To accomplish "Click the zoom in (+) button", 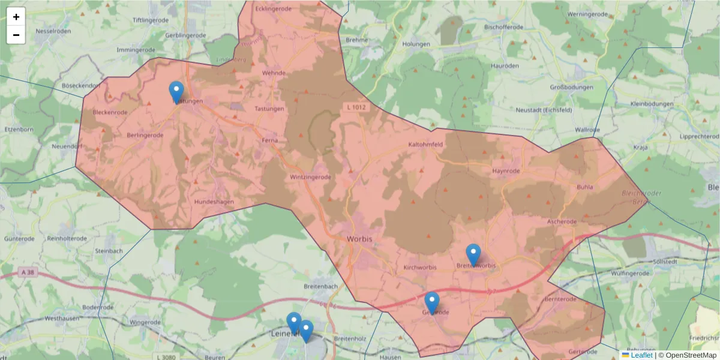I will (16, 17).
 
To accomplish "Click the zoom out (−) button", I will (16, 35).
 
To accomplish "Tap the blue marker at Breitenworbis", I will (473, 254).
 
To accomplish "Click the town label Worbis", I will (359, 239).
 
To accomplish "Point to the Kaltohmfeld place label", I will (425, 145).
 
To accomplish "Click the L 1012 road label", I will (356, 107).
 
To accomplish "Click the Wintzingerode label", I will (311, 178).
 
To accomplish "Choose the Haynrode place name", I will (505, 171).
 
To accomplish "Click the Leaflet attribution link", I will (641, 355).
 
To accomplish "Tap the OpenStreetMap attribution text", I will (691, 355).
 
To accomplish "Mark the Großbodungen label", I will (571, 88).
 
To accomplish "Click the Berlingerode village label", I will (145, 136).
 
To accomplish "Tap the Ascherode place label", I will (562, 221).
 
